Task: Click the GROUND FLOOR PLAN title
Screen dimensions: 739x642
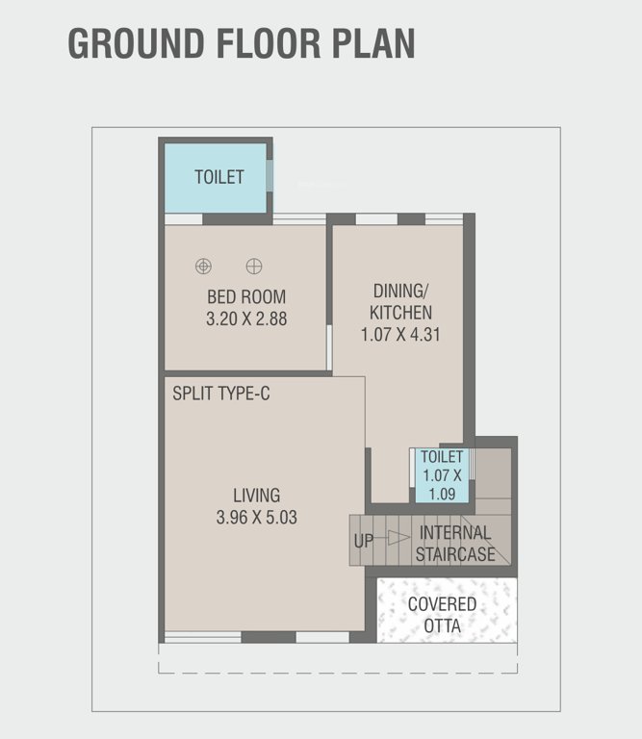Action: pyautogui.click(x=242, y=44)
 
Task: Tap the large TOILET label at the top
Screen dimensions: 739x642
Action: pyautogui.click(x=218, y=177)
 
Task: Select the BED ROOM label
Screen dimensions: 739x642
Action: pyautogui.click(x=246, y=297)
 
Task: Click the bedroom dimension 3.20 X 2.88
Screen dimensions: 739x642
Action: pyautogui.click(x=246, y=319)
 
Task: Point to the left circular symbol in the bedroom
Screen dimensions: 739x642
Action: pyautogui.click(x=203, y=266)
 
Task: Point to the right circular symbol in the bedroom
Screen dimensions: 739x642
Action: pyautogui.click(x=254, y=266)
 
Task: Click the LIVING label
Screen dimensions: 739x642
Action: pyautogui.click(x=256, y=496)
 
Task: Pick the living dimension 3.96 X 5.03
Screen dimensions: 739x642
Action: pyautogui.click(x=256, y=518)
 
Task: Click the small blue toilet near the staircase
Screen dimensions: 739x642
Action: pyautogui.click(x=442, y=475)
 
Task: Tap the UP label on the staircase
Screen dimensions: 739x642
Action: pyautogui.click(x=363, y=541)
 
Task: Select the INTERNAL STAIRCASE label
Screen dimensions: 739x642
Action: pyautogui.click(x=455, y=543)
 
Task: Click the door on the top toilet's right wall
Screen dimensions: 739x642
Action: pyautogui.click(x=270, y=176)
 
